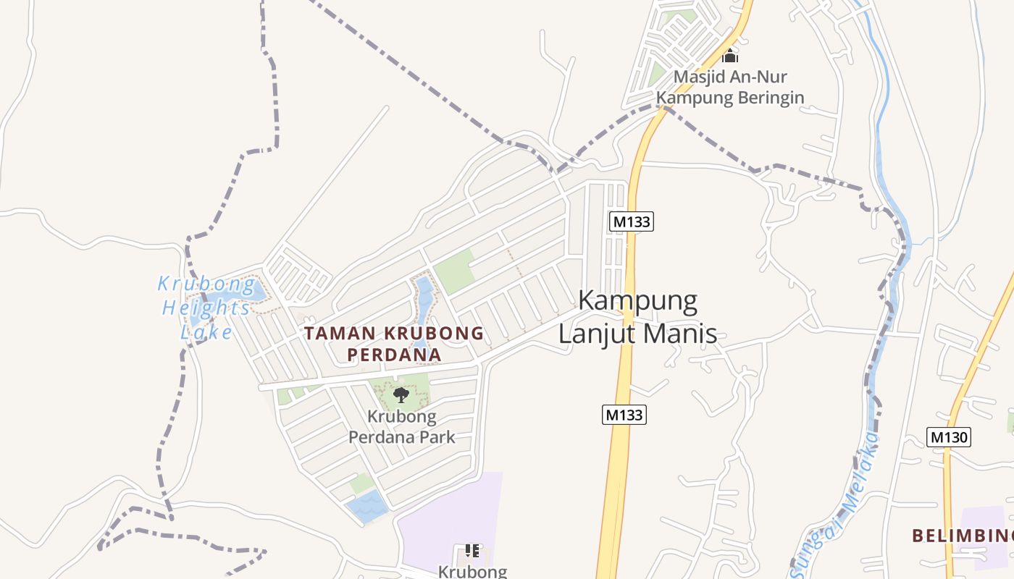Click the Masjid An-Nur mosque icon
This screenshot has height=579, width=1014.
point(730,55)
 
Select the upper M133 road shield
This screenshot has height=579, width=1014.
point(631,221)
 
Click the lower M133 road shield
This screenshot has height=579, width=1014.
point(624,415)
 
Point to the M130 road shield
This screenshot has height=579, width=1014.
point(948,436)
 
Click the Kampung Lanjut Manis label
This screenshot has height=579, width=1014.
point(638,317)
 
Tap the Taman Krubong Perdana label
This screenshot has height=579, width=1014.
point(394,344)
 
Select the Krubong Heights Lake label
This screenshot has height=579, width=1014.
point(206,308)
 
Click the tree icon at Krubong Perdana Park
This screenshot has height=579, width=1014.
point(401,394)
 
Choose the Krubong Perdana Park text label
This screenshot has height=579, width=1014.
point(402,427)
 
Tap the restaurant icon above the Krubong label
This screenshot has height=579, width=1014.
point(472,551)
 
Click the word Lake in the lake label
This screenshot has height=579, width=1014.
point(207,332)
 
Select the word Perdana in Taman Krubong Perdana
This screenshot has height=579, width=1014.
point(394,355)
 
